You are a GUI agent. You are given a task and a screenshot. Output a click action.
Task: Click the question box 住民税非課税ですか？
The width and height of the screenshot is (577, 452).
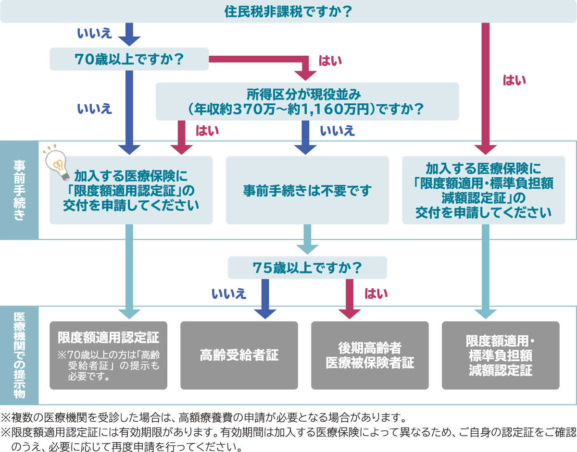[288, 12]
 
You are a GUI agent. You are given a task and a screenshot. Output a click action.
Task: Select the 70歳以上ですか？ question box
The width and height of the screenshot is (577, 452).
[129, 59]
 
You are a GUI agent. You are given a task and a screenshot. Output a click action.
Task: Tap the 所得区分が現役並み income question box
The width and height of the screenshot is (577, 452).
[307, 101]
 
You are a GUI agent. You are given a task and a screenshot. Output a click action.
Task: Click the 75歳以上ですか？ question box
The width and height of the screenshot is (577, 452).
[307, 268]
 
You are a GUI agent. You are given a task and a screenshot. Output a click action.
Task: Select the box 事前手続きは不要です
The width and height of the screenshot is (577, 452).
[307, 190]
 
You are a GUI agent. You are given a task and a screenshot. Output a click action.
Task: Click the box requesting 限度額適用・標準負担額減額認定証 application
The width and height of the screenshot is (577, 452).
[483, 190]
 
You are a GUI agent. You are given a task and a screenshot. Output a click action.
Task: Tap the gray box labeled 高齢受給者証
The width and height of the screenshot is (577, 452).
[239, 355]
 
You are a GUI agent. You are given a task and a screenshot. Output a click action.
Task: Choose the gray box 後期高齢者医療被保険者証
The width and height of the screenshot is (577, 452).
[370, 355]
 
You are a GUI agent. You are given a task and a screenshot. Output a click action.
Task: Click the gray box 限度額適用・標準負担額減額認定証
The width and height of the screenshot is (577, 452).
[501, 355]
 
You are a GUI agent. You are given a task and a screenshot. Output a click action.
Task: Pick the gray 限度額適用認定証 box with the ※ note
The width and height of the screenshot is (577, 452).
[108, 355]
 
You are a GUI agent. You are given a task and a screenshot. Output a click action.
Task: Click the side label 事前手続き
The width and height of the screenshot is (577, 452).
[19, 190]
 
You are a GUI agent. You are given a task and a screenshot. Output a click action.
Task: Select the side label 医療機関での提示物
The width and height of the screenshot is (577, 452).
[19, 355]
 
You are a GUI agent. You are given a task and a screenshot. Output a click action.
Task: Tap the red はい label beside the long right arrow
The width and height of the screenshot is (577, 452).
[514, 80]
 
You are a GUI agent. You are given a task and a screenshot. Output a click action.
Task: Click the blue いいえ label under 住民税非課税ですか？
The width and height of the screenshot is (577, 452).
[94, 34]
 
